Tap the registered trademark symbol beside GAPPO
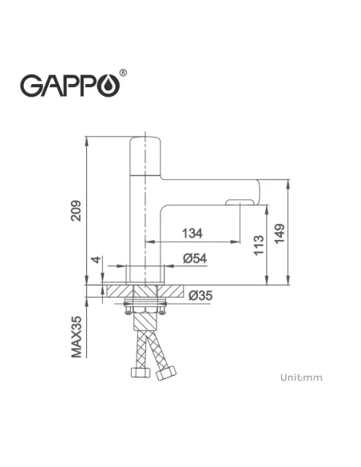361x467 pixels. click(122, 74)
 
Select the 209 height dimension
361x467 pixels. click(74, 210)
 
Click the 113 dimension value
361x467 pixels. click(258, 245)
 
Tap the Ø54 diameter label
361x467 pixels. click(195, 258)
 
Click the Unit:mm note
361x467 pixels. click(301, 377)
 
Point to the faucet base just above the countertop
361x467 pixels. click(145, 271)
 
